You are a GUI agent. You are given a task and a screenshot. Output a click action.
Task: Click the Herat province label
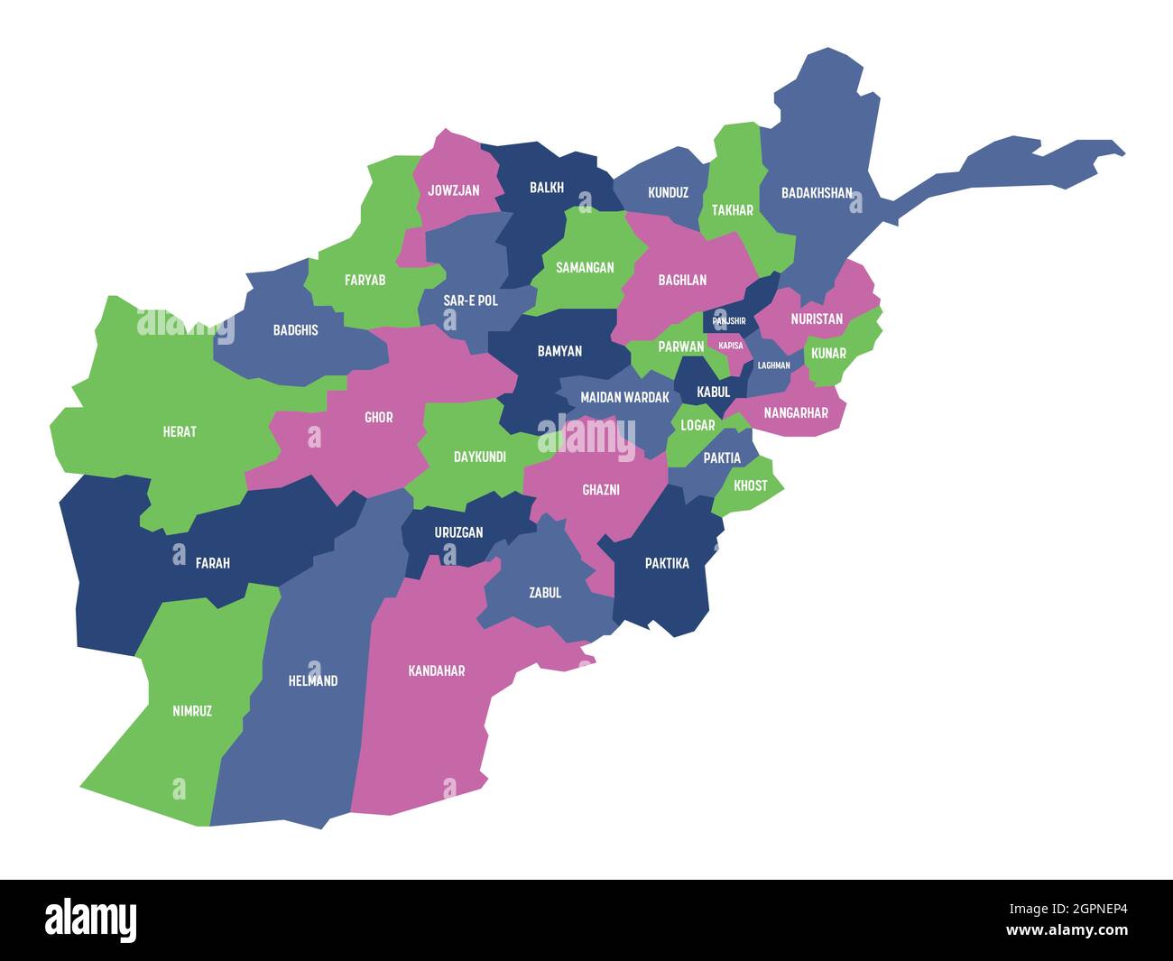[180, 431]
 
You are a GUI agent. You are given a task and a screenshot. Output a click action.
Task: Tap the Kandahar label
[437, 670]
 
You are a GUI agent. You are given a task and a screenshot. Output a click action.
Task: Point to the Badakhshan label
[817, 192]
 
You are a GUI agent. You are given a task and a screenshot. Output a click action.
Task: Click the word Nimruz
[192, 711]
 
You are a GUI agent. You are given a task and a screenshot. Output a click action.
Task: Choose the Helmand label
[312, 680]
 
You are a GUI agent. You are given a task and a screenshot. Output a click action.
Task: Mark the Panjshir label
[729, 320]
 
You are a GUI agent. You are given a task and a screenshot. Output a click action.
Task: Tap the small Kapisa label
[731, 345]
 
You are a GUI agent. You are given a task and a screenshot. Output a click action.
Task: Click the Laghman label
[773, 365]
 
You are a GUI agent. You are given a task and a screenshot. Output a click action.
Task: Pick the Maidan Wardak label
[624, 397]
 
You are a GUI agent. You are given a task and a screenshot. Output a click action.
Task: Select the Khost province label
[751, 485]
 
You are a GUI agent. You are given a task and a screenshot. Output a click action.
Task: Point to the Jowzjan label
[454, 190]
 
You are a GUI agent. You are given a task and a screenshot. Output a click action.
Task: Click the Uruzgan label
[458, 532]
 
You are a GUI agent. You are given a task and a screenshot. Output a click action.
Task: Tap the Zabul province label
[545, 593]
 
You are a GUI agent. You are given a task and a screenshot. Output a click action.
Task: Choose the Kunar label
[828, 353]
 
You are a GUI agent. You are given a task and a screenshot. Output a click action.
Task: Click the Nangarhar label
[796, 412]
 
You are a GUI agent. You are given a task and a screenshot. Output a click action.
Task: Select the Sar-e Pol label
[470, 300]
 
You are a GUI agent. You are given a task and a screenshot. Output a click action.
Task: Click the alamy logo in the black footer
[91, 919]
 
